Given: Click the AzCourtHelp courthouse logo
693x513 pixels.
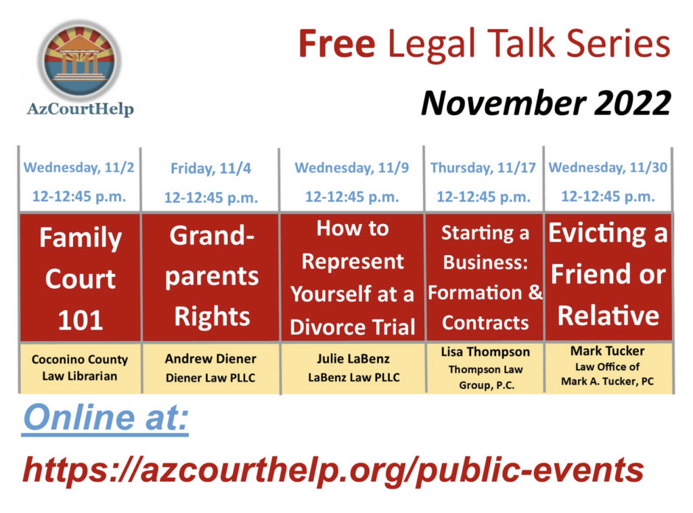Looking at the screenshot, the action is [x=80, y=60].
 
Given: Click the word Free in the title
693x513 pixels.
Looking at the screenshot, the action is [x=337, y=44].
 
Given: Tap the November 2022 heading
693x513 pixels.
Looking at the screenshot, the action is [x=546, y=103].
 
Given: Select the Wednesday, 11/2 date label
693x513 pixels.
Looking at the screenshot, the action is [x=79, y=167].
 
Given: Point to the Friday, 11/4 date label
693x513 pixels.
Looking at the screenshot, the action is [x=211, y=169].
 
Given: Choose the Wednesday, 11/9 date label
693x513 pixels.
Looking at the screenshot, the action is [x=352, y=167].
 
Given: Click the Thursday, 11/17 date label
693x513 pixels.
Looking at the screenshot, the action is [x=483, y=168].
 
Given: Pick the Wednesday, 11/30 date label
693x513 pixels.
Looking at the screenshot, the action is [x=608, y=167].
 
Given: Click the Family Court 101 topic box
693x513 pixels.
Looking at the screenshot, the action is [x=81, y=277].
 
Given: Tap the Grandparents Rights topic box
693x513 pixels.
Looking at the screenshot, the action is [x=211, y=277].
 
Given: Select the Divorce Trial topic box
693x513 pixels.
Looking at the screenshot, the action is [x=352, y=277].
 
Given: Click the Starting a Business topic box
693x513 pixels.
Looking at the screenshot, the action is [x=485, y=277].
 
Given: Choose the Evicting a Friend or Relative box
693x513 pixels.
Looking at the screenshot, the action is [x=608, y=277].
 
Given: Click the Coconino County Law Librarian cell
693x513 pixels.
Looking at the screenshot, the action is [x=80, y=367].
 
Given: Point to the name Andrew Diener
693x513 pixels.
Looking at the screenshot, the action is [x=210, y=358].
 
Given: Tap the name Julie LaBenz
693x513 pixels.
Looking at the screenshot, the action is [x=353, y=358].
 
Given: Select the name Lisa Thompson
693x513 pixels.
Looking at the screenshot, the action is [x=485, y=352].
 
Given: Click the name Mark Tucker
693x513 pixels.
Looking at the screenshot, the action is [x=607, y=351].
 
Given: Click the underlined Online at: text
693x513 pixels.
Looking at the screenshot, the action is [x=106, y=418].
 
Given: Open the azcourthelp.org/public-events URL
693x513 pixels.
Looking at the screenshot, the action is [x=333, y=470].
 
